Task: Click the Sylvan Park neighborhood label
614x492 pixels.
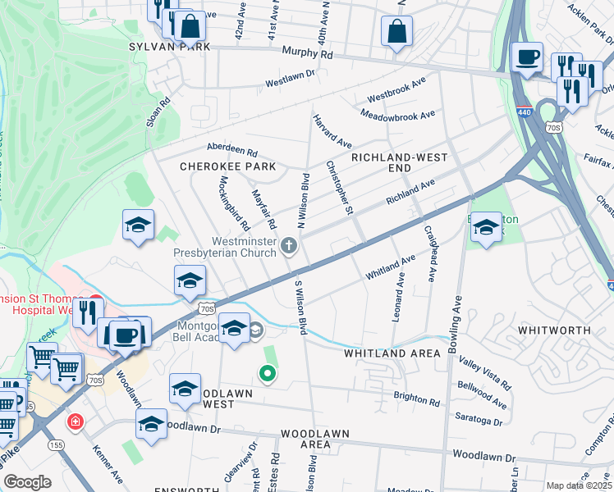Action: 168,48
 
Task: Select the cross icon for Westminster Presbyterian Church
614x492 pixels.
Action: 288,245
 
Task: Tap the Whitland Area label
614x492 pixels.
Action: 392,353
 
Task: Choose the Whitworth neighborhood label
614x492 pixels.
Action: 553,330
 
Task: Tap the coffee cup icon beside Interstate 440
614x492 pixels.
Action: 527,57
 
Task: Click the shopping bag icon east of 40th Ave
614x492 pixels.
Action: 396,32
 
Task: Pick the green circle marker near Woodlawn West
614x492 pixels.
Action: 267,375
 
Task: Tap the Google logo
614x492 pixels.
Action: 27,482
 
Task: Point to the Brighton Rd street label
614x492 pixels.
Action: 416,399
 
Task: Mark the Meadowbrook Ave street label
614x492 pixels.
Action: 397,115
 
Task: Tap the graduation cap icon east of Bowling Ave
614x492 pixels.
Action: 486,227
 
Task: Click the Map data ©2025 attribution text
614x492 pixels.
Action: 578,485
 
